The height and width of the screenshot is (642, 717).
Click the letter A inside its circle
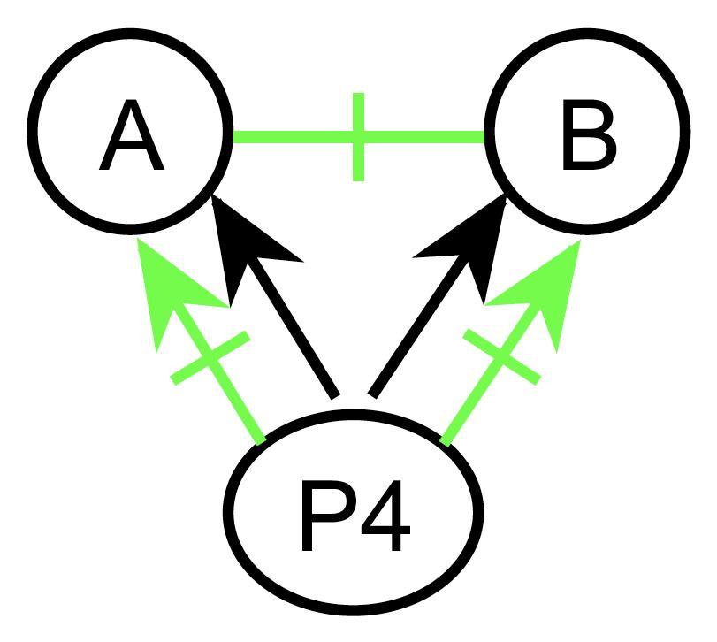[x=131, y=140]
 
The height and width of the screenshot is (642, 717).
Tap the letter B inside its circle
[x=587, y=140]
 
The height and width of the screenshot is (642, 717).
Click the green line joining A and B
[x=292, y=137]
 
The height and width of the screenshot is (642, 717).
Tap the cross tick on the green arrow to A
[x=210, y=359]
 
